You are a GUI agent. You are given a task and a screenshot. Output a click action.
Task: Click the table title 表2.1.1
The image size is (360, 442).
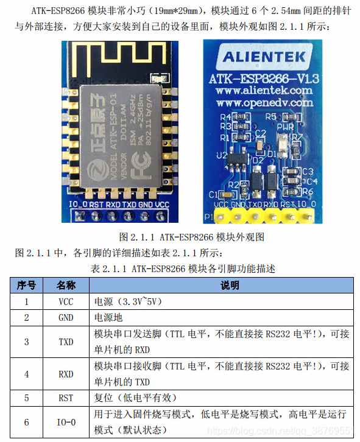coord(181,268)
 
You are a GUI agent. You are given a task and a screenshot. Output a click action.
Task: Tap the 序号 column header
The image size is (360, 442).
coord(26,285)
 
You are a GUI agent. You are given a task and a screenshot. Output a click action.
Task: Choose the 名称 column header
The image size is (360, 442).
coord(66,285)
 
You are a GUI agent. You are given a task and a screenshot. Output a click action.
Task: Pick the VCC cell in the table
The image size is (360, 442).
coord(66,301)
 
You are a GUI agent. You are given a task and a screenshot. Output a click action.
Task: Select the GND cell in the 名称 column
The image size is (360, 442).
coord(66,317)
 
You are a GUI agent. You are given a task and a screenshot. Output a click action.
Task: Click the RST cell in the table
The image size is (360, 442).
coord(66,398)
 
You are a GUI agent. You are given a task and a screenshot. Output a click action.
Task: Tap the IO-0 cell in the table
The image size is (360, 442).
coord(66,422)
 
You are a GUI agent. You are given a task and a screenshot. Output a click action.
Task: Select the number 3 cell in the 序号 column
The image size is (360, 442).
coord(26,342)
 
